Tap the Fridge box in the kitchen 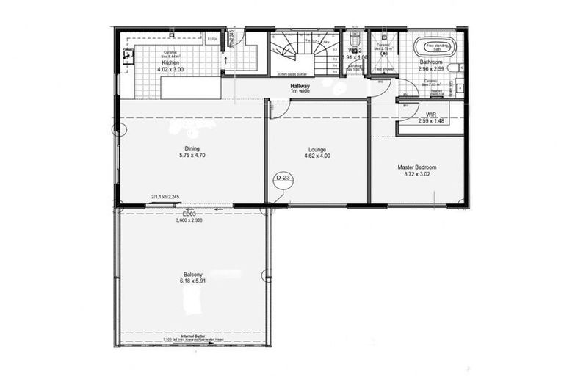[x=212, y=38]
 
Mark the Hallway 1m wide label [x=300, y=89]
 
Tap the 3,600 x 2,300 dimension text [x=189, y=220]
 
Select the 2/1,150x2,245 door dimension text [x=164, y=197]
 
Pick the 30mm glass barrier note [x=292, y=74]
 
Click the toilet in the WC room [x=355, y=42]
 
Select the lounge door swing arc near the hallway [x=281, y=109]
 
